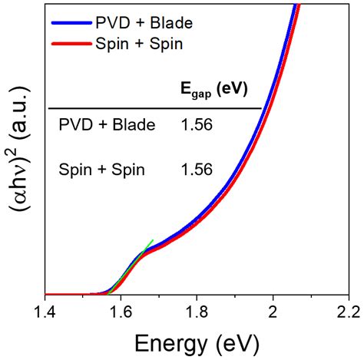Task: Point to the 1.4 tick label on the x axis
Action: pyautogui.click(x=46, y=312)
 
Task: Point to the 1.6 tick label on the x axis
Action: pyautogui.click(x=121, y=312)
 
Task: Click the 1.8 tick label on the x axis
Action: pyautogui.click(x=197, y=312)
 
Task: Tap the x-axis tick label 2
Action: pyautogui.click(x=272, y=312)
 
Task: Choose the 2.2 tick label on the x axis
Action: pyautogui.click(x=347, y=312)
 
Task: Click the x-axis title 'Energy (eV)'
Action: pyautogui.click(x=197, y=341)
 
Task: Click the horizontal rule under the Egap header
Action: pyautogui.click(x=154, y=108)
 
